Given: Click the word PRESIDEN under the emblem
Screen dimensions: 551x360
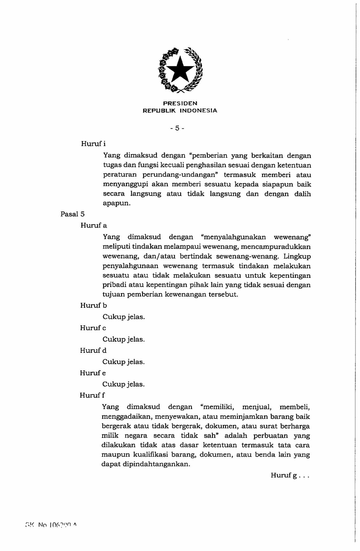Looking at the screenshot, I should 180,103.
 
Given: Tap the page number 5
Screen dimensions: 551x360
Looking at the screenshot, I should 177,128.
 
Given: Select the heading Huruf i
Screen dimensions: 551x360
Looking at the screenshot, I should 93,144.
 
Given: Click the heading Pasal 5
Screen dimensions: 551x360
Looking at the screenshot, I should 73,214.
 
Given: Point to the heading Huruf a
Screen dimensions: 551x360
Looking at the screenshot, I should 94,225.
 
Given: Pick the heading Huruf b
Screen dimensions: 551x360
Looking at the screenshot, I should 93,305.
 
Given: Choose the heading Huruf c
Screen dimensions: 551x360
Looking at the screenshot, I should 93,328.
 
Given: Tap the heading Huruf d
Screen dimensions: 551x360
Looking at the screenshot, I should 93,350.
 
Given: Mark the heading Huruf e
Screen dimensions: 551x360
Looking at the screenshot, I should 93,373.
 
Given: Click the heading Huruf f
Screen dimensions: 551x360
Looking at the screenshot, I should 92,395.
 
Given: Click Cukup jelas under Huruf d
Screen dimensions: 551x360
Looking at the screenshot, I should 123,362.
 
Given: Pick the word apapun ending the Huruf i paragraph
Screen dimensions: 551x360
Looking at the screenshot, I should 116,203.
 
